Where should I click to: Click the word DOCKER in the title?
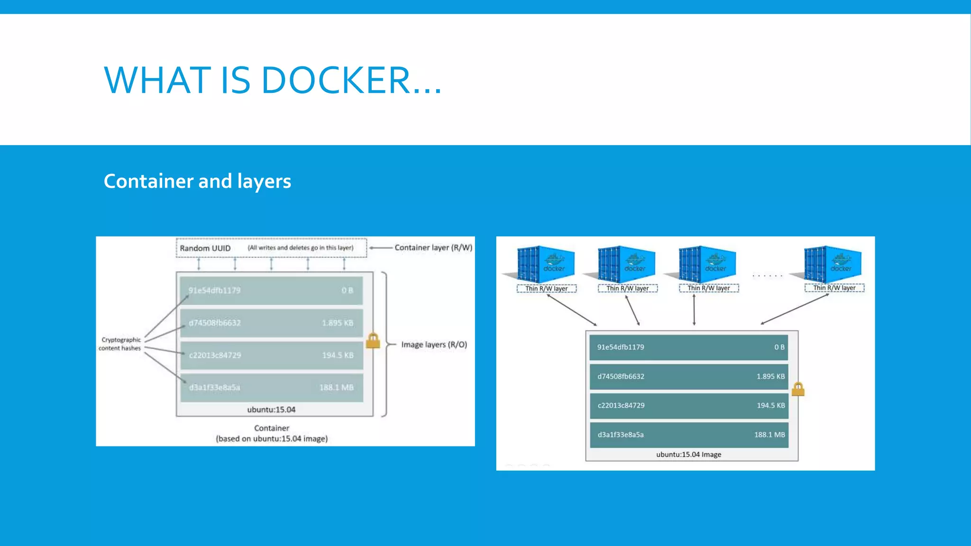coord(336,80)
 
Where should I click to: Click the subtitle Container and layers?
coord(197,182)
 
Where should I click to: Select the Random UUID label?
coord(205,248)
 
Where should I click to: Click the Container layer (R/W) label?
coord(433,247)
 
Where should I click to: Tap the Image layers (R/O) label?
coord(434,345)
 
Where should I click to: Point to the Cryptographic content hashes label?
coord(120,344)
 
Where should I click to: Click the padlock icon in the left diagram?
coord(373,340)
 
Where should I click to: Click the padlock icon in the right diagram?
coord(798,389)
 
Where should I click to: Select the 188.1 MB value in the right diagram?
coord(769,435)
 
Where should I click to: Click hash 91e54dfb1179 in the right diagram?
coord(621,347)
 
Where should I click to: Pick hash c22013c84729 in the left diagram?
coord(215,355)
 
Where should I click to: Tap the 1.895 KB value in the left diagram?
coord(337,323)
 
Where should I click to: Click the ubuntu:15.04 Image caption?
coord(688,455)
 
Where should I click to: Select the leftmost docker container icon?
coord(545,264)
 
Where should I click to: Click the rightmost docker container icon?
coord(833,264)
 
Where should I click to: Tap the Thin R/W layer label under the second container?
coord(627,288)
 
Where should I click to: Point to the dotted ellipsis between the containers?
coord(768,275)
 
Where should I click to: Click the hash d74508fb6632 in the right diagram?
coord(621,376)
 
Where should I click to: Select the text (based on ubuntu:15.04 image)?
coord(272,439)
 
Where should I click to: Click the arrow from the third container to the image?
coord(694,310)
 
